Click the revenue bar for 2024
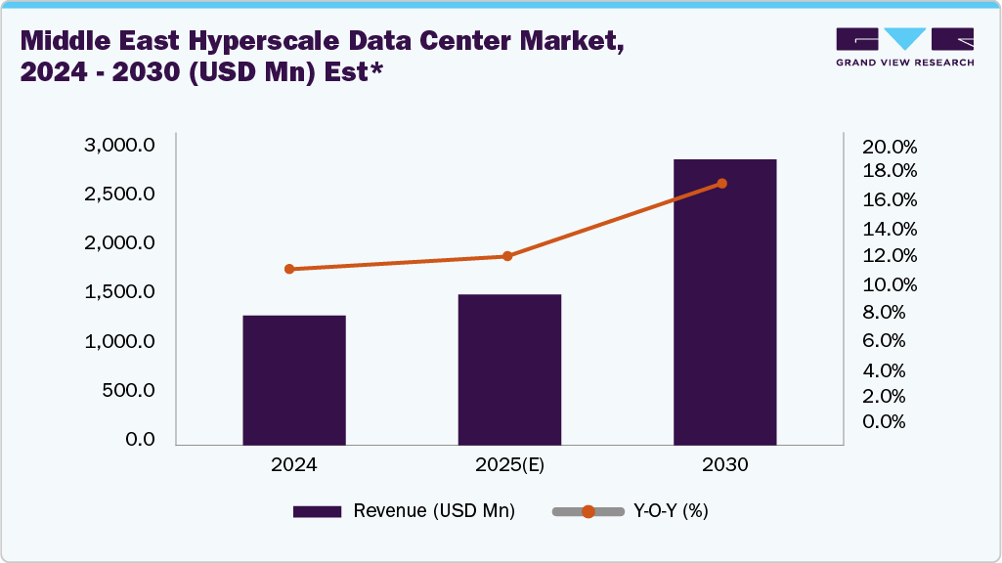[x=294, y=380]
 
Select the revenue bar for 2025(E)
[x=509, y=369]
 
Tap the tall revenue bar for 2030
[x=724, y=302]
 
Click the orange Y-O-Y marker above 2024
[x=289, y=269]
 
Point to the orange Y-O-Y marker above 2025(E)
[x=507, y=256]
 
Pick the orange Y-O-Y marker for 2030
[x=722, y=184]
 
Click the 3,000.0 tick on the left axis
[x=119, y=146]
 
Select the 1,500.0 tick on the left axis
[x=119, y=292]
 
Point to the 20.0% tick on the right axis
[x=890, y=148]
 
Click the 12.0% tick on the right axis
[x=890, y=256]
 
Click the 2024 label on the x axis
[x=294, y=465]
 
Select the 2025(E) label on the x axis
[x=509, y=465]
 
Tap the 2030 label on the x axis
[x=724, y=465]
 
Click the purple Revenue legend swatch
[x=317, y=511]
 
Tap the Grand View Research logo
[x=904, y=47]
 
